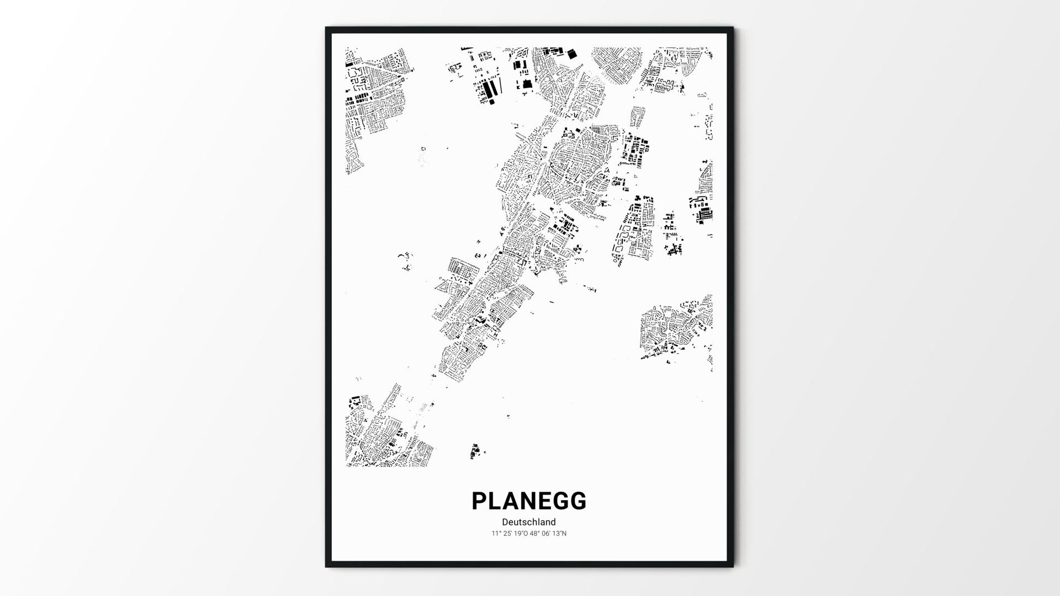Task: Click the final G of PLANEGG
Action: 578,501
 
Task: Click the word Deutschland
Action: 529,522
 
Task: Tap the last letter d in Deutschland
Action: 553,522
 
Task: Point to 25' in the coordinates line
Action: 506,534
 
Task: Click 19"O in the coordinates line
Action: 520,534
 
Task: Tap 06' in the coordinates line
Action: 546,534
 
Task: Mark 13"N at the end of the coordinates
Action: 559,534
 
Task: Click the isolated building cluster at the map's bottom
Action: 475,451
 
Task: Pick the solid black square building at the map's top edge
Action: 571,54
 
